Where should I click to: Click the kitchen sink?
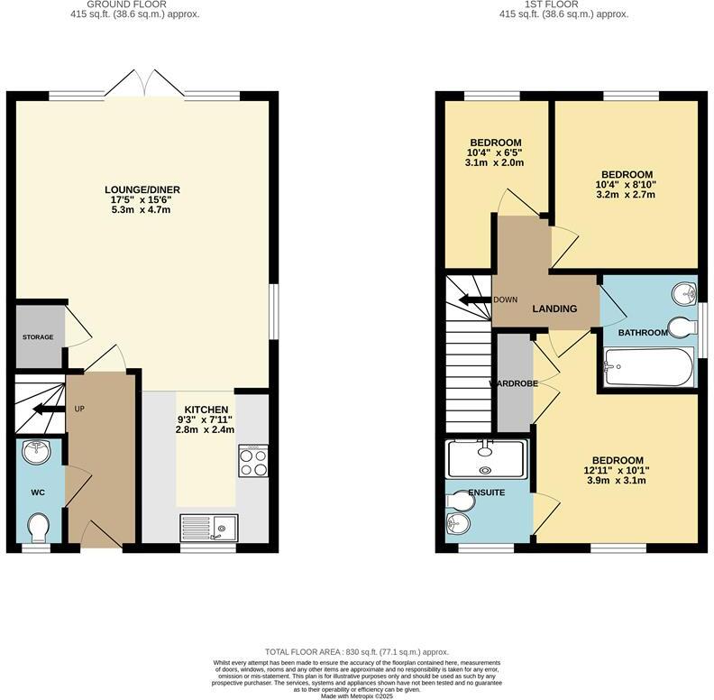click(x=208, y=526)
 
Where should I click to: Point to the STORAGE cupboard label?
click(x=38, y=337)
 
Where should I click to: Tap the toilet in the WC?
click(x=39, y=525)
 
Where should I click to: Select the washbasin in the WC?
click(x=38, y=453)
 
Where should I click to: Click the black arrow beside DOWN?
click(x=471, y=299)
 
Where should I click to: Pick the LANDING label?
click(x=554, y=309)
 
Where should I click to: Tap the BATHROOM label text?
click(x=643, y=332)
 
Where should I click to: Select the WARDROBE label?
click(x=514, y=383)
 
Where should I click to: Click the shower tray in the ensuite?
click(x=486, y=458)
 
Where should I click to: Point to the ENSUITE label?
click(x=486, y=493)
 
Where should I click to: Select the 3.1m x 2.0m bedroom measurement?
click(x=495, y=163)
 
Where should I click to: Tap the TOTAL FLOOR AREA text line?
click(x=356, y=651)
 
